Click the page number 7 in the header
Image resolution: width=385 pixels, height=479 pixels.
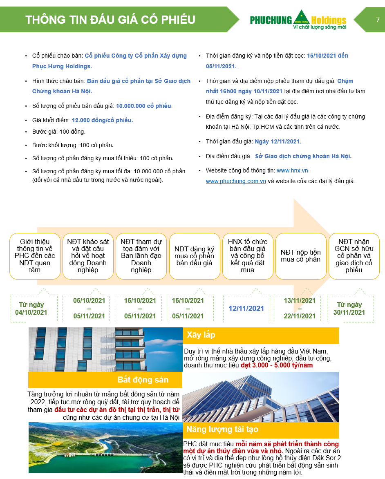point(378,20)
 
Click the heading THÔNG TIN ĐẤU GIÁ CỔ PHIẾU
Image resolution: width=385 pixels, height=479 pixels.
point(110,20)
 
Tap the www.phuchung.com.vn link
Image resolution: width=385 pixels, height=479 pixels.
point(236,181)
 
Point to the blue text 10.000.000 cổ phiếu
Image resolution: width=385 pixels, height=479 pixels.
point(143,106)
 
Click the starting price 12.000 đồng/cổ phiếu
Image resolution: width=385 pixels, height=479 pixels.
point(102,120)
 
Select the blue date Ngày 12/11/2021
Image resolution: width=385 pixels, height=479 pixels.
point(278,141)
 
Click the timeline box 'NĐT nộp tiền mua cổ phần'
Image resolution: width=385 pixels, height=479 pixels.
point(301,256)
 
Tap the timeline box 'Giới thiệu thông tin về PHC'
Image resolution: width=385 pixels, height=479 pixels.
point(35,256)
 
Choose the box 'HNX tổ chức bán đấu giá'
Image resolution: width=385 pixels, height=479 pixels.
point(248,256)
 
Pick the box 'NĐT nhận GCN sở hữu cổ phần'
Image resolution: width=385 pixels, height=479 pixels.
point(354,256)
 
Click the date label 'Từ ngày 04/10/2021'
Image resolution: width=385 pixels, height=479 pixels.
point(31,309)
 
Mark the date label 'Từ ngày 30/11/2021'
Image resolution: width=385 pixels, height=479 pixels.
point(349,309)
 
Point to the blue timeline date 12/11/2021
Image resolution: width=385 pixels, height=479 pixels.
point(246,309)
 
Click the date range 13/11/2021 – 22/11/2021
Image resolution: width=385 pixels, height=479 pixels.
point(300,308)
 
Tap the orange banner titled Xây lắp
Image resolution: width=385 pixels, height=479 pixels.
point(261,336)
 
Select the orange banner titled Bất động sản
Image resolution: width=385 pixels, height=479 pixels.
point(105,380)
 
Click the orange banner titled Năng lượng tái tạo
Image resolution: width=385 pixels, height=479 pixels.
point(261,430)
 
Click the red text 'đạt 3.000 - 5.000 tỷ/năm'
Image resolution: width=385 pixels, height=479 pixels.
point(277,365)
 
